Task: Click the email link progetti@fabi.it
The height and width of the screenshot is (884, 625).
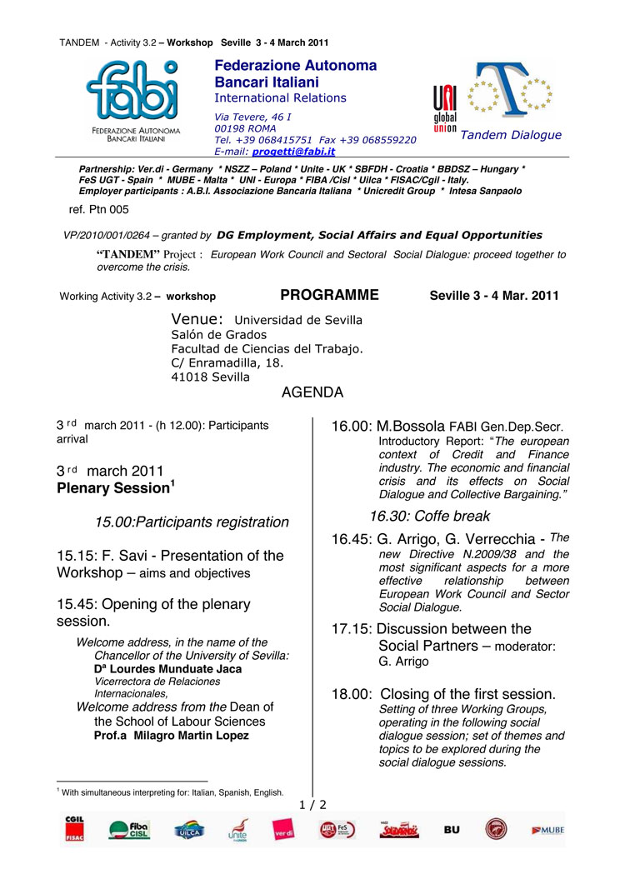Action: click(x=294, y=152)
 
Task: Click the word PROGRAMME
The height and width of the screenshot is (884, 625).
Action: click(x=329, y=295)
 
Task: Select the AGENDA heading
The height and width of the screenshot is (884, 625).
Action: click(x=312, y=392)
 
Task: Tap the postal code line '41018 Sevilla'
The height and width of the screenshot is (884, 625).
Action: click(x=210, y=377)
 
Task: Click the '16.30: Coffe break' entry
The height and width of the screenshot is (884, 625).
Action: click(x=430, y=517)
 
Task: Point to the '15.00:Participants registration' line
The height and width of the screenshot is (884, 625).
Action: click(x=192, y=522)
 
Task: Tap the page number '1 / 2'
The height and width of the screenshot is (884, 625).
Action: click(x=312, y=805)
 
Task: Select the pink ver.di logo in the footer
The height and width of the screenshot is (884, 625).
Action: click(x=282, y=829)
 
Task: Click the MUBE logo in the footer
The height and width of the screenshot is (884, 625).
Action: click(x=547, y=830)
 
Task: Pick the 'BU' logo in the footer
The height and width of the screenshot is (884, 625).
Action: click(x=452, y=830)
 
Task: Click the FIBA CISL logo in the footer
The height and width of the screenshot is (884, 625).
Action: click(x=128, y=829)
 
